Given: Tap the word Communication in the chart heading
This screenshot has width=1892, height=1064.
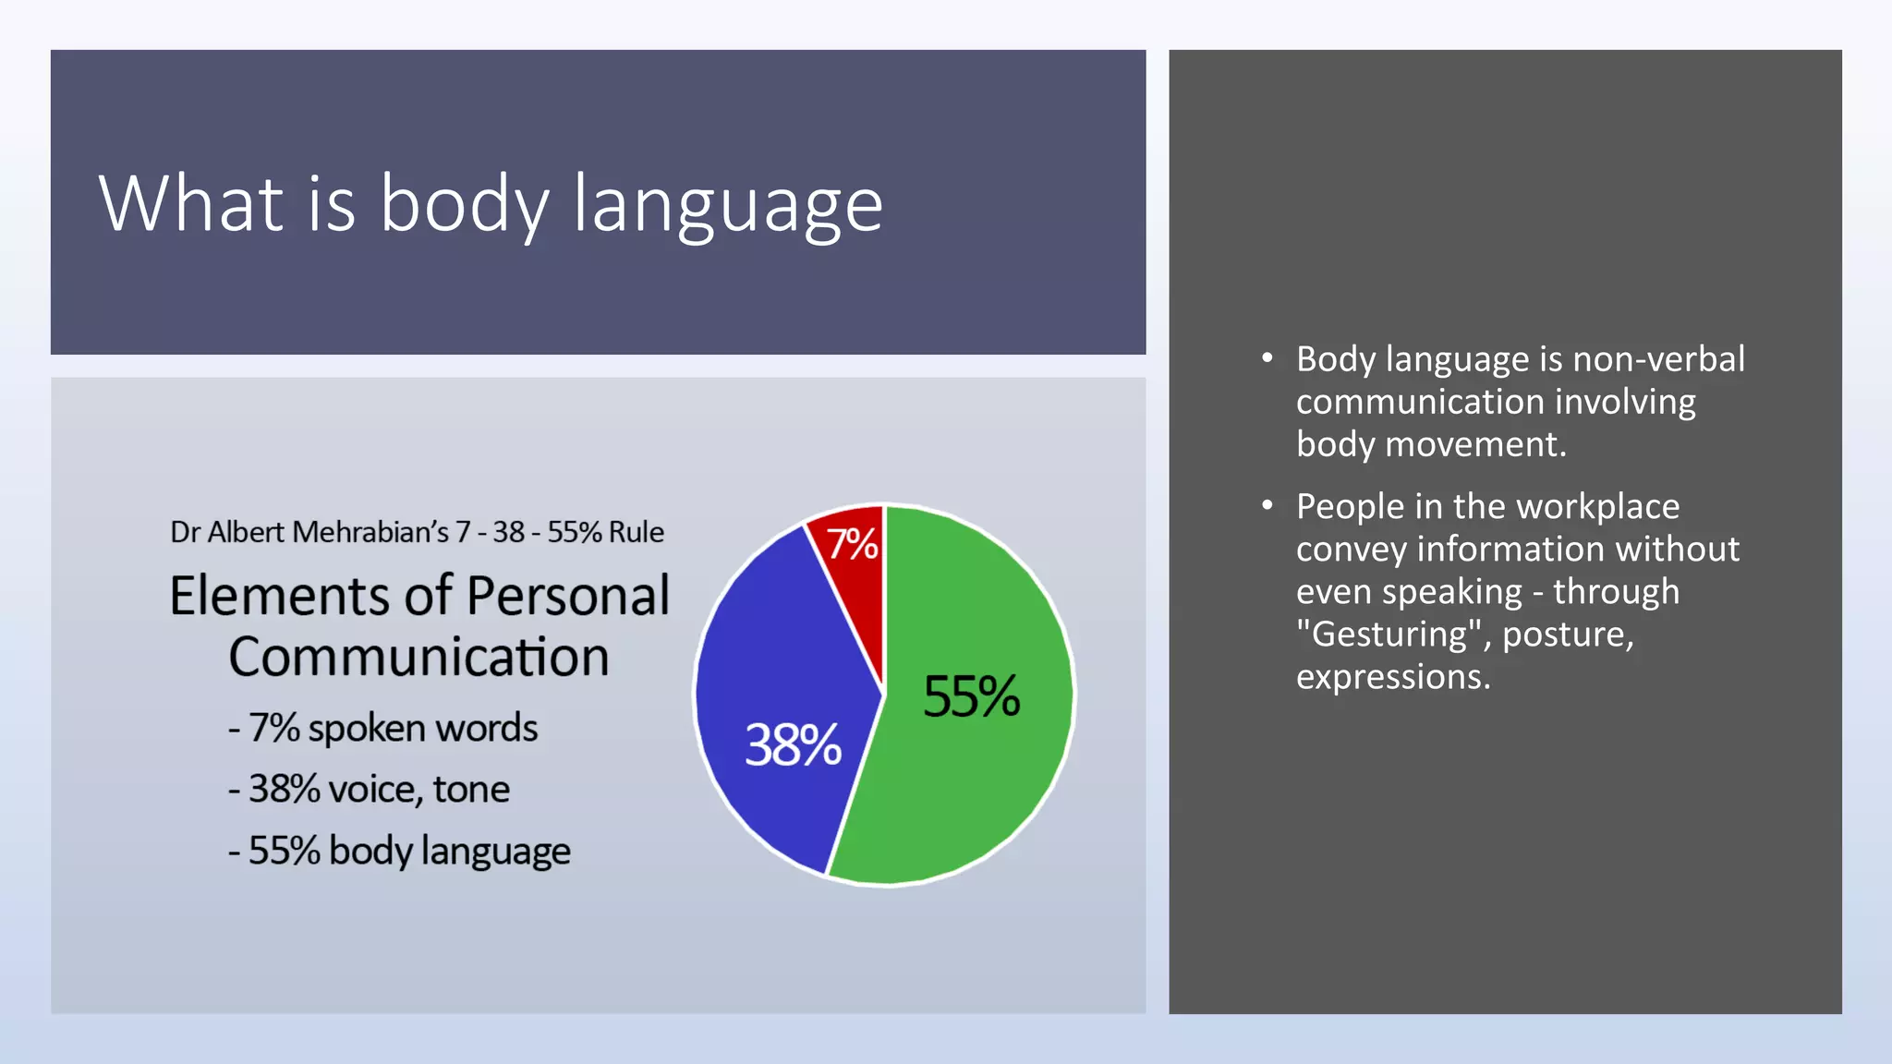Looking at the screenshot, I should (418, 657).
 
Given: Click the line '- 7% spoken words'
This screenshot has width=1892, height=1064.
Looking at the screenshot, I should (382, 728).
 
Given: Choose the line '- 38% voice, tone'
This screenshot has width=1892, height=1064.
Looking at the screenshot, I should (369, 790).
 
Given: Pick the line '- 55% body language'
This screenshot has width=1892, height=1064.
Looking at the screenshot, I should (399, 851).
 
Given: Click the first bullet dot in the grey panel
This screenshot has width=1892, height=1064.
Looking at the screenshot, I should (1267, 357).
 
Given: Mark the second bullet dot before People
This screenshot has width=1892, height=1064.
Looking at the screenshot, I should (1267, 505).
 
